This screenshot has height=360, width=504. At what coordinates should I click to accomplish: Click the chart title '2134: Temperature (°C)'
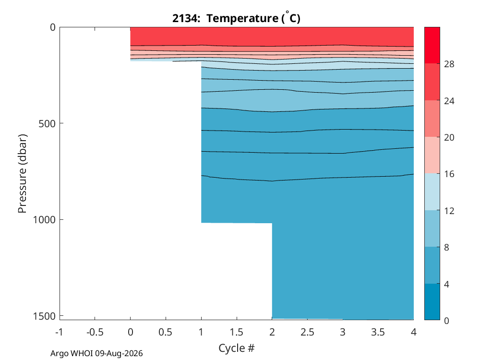pyautogui.click(x=236, y=18)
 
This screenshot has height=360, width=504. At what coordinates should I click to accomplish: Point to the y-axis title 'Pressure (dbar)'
pyautogui.click(x=22, y=174)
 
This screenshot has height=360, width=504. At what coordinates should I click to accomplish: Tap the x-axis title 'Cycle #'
pyautogui.click(x=237, y=348)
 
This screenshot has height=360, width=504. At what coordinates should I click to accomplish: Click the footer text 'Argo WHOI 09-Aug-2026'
pyautogui.click(x=96, y=354)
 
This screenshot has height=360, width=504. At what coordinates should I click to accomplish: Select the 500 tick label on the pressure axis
pyautogui.click(x=47, y=124)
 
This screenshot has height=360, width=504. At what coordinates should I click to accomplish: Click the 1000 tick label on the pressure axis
pyautogui.click(x=44, y=220)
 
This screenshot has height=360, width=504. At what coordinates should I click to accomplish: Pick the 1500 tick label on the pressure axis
pyautogui.click(x=44, y=316)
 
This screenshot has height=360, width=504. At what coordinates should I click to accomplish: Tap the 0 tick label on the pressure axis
pyautogui.click(x=53, y=28)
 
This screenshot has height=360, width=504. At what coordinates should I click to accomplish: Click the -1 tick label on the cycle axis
pyautogui.click(x=59, y=332)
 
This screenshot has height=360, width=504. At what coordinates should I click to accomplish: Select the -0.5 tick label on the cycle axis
pyautogui.click(x=95, y=332)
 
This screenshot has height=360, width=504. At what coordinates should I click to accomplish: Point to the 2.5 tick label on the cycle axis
pyautogui.click(x=307, y=332)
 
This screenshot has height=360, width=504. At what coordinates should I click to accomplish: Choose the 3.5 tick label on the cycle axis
pyautogui.click(x=378, y=332)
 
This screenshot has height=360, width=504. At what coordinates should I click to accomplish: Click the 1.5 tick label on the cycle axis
pyautogui.click(x=237, y=332)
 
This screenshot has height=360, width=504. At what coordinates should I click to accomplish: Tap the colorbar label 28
pyautogui.click(x=449, y=64)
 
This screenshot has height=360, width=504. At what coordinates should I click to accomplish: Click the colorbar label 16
pyautogui.click(x=449, y=174)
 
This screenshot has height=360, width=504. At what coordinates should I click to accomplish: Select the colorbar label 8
pyautogui.click(x=446, y=248)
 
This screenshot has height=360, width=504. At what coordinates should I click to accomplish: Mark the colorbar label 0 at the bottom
pyautogui.click(x=446, y=321)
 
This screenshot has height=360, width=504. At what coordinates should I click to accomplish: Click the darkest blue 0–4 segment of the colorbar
pyautogui.click(x=432, y=301)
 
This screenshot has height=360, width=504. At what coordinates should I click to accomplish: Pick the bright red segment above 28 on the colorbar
pyautogui.click(x=432, y=45)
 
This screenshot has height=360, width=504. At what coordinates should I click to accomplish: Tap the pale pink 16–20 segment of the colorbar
pyautogui.click(x=432, y=155)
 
